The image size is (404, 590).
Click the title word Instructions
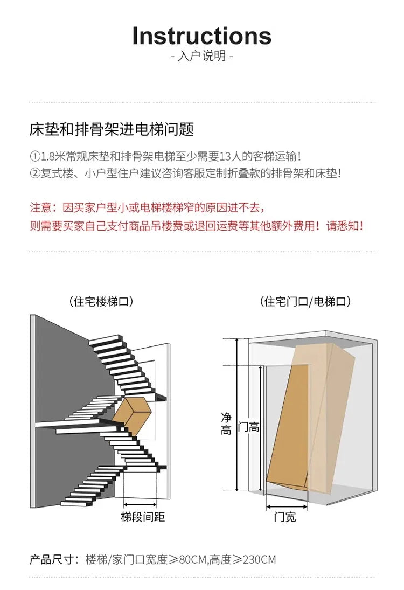201,36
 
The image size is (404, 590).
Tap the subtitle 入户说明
202,57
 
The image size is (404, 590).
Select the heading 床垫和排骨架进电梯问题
112,129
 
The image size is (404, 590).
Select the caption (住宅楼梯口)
101,301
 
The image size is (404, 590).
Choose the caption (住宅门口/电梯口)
305,301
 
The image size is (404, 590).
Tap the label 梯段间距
143,517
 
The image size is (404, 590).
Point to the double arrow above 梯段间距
140,504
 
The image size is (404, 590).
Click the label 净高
226,424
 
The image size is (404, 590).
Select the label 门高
248,427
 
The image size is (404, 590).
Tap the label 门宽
285,517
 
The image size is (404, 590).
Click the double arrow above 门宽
287,508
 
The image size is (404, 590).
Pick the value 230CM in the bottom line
260,559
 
